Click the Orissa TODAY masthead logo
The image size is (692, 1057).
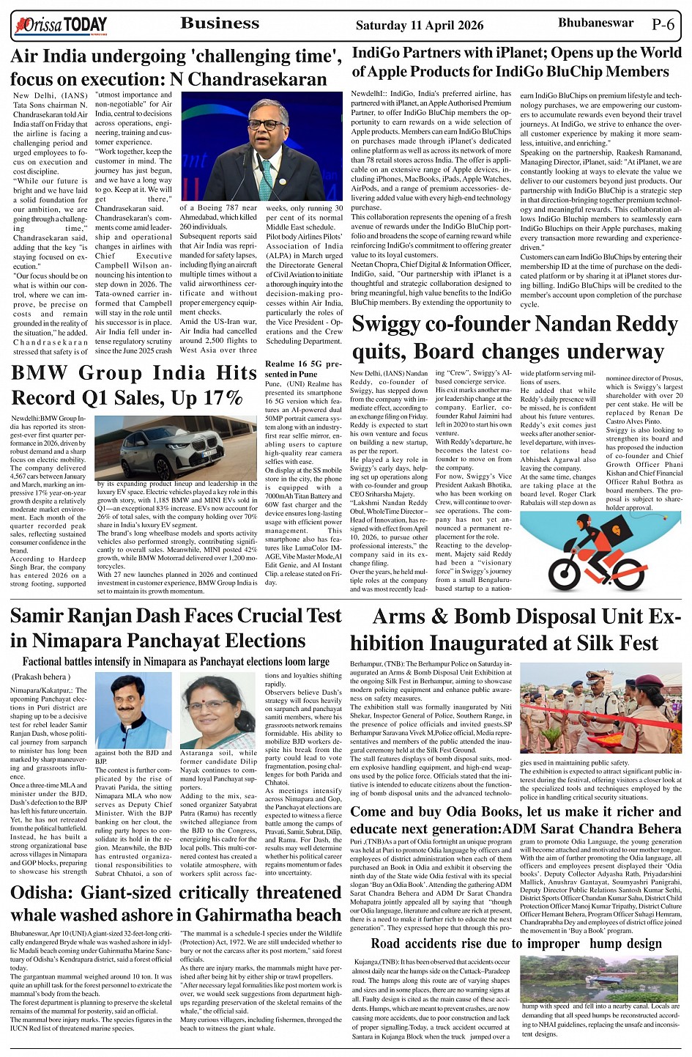pyautogui.click(x=61, y=26)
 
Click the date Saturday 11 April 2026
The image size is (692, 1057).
pyautogui.click(x=419, y=25)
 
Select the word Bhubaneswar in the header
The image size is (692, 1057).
pyautogui.click(x=595, y=23)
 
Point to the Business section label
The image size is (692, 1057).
pyautogui.click(x=220, y=23)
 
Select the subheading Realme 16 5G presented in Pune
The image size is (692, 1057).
pyautogui.click(x=302, y=369)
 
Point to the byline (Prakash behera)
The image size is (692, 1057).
pyautogui.click(x=40, y=677)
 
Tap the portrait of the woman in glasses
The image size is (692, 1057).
pyautogui.click(x=217, y=711)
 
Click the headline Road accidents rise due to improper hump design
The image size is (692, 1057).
pyautogui.click(x=516, y=943)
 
